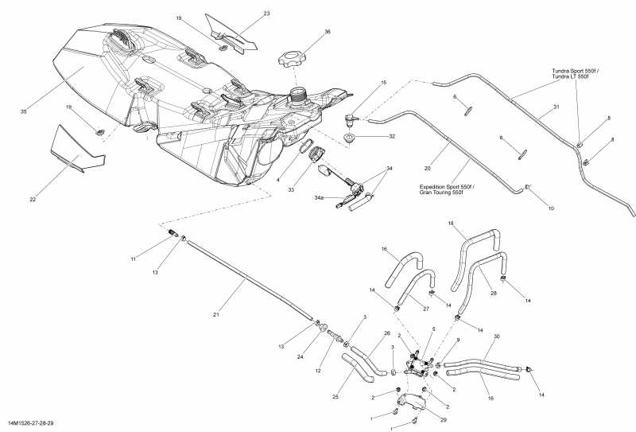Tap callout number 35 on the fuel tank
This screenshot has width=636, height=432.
24,112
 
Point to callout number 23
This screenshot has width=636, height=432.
266,14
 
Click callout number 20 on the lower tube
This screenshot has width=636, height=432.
427,168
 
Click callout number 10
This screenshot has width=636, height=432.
550,208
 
